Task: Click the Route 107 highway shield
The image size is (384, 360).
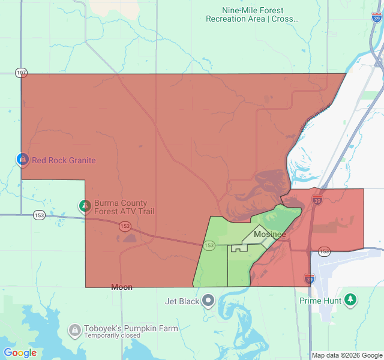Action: [22, 73]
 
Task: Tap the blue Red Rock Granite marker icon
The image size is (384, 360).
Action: [22, 160]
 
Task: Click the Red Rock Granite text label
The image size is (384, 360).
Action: [64, 160]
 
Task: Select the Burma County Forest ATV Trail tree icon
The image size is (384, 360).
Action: [85, 207]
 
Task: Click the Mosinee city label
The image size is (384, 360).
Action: [269, 234]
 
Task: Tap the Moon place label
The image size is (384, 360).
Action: [122, 287]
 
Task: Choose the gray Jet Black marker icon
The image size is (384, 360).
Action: [208, 300]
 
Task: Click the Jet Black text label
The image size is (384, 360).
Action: [182, 301]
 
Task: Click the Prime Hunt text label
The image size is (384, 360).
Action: [320, 300]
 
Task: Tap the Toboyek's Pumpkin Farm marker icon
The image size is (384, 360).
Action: [74, 330]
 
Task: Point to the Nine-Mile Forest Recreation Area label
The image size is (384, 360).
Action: [252, 15]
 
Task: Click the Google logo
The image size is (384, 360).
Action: [20, 353]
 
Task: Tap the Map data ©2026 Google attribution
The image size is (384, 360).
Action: [347, 355]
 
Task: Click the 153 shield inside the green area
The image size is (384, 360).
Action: [209, 245]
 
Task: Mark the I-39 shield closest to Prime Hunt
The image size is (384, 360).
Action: [309, 278]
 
